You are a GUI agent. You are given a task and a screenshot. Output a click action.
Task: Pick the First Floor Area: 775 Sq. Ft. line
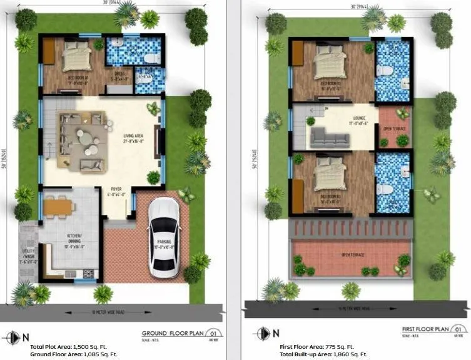coord(317,346)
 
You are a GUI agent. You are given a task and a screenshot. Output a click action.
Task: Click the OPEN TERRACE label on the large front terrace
coord(353,255)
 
